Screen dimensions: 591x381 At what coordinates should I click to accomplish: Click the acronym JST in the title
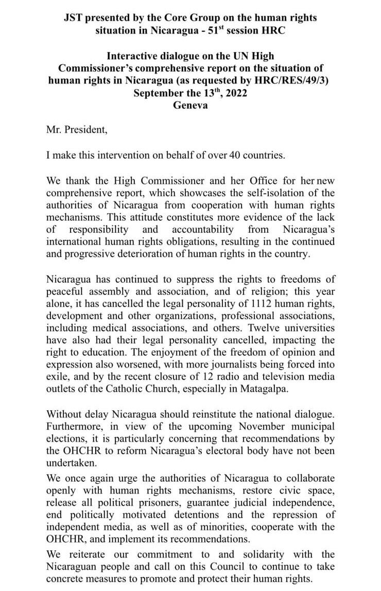click(73, 18)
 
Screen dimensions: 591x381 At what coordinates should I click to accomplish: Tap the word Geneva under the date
click(190, 105)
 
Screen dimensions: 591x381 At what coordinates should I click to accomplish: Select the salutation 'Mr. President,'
click(77, 130)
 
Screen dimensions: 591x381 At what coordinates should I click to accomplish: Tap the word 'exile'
click(58, 377)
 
